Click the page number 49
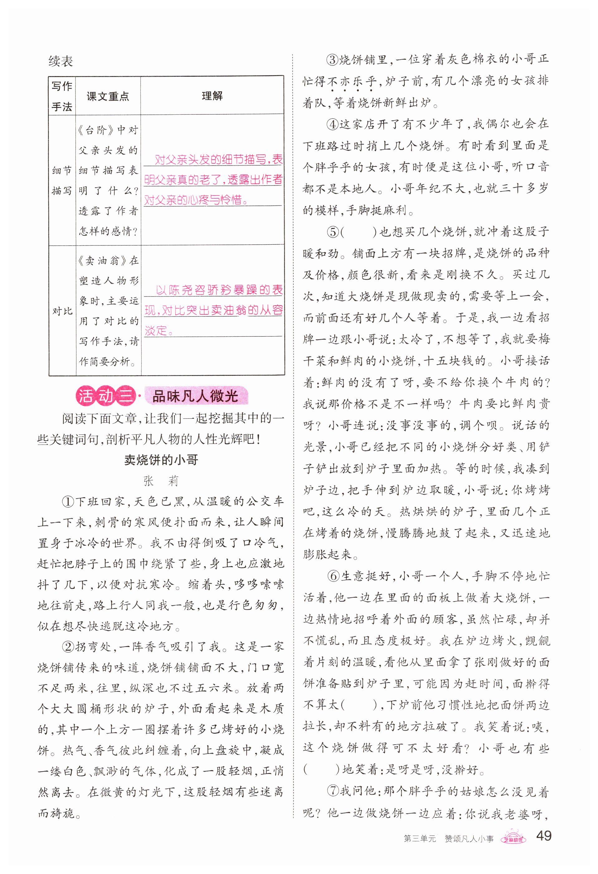tap(543, 836)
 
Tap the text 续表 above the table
tap(60, 61)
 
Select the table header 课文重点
tap(108, 97)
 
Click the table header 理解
tap(212, 96)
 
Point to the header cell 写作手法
tap(62, 96)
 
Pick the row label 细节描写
tap(62, 181)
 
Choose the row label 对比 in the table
tap(62, 311)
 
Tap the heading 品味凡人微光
tap(195, 396)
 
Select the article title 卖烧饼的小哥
tap(161, 460)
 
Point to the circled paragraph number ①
tap(69, 502)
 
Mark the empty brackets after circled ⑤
tap(359, 232)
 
